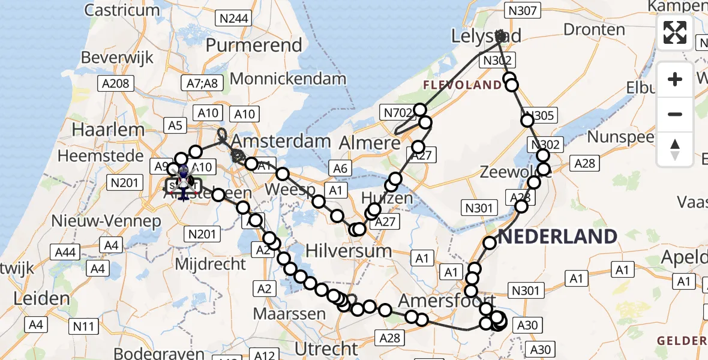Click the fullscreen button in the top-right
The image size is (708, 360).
(x=675, y=32)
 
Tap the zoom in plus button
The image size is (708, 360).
(x=675, y=79)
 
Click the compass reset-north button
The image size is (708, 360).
(x=675, y=149)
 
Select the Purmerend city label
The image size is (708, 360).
(x=254, y=46)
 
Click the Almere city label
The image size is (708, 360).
(x=370, y=143)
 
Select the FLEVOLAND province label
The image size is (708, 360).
(x=463, y=85)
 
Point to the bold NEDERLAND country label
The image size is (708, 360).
(x=557, y=236)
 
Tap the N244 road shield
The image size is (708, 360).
(x=233, y=19)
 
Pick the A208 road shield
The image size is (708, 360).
(x=116, y=83)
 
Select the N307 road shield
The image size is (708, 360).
(x=524, y=10)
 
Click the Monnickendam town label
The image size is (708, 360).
(x=288, y=79)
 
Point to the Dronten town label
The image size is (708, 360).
(x=594, y=30)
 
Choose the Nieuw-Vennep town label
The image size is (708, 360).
(x=106, y=221)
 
